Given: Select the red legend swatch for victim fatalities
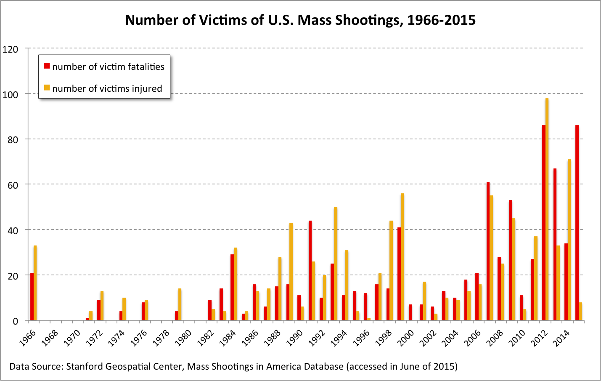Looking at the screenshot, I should coord(47,66).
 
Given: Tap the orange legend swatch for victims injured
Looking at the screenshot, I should coord(47,88).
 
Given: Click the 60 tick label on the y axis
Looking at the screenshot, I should coord(13,185).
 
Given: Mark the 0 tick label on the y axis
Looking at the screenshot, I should coord(16,321).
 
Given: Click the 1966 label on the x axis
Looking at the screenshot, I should coord(27,338).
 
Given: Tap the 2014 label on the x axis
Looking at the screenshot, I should coord(561,338).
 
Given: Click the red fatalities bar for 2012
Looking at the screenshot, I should coord(543,223).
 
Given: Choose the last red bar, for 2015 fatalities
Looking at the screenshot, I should coord(577,223).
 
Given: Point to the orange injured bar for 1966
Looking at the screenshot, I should coord(35,283).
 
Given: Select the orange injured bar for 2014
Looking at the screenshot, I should coord(569,240).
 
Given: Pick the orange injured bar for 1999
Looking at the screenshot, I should coord(402,257).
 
